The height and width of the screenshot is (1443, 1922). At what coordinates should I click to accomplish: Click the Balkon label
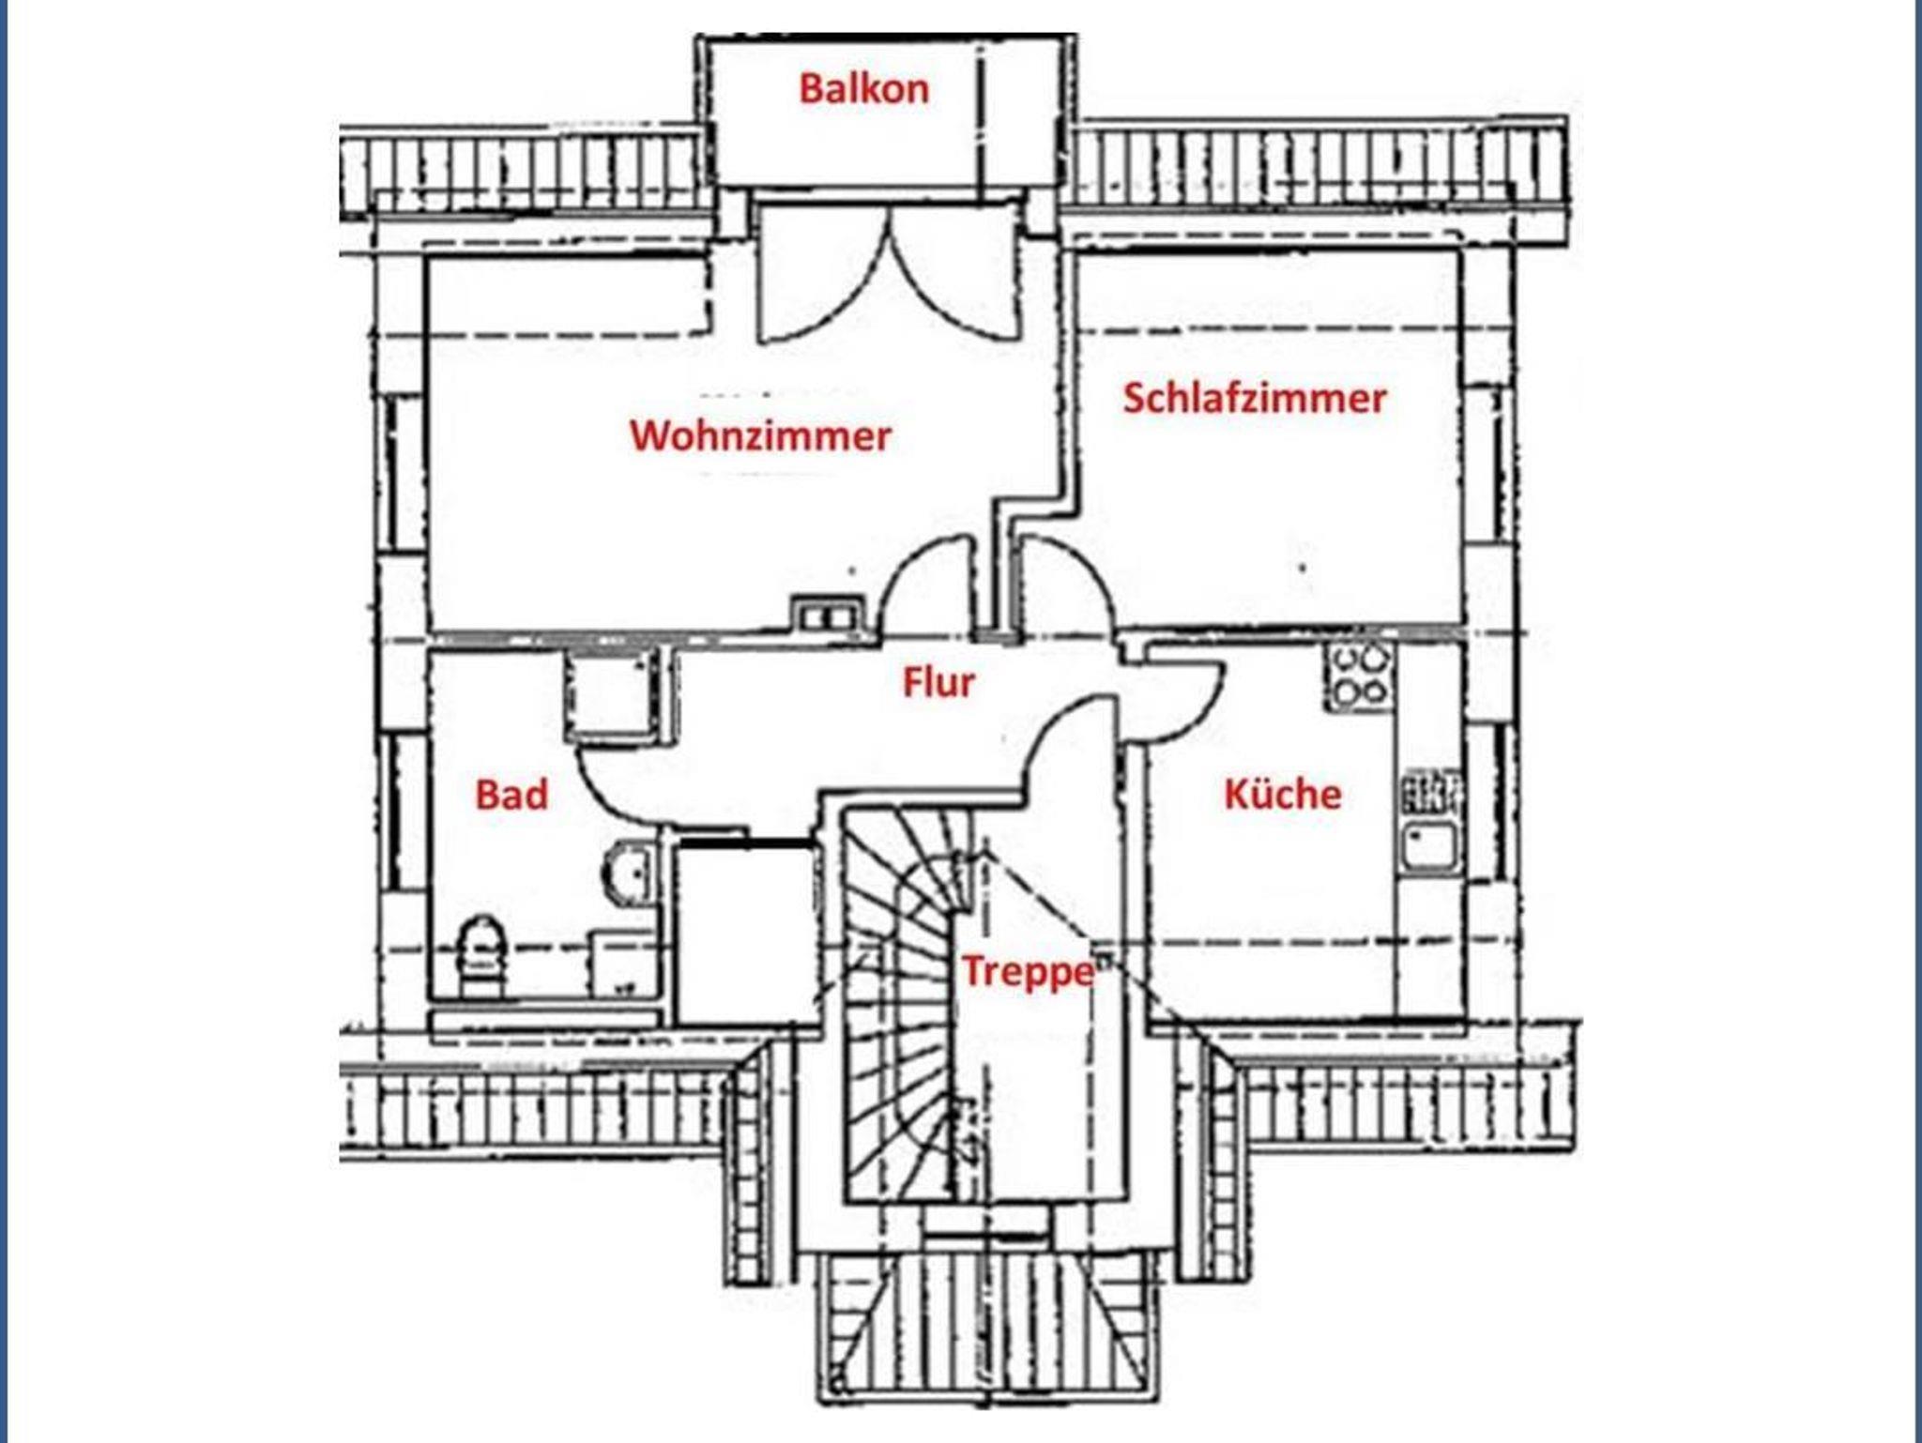click(x=863, y=89)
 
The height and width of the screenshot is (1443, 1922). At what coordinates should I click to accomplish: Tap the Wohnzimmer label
click(x=760, y=436)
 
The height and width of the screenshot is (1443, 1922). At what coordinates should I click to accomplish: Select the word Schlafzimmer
click(x=1254, y=399)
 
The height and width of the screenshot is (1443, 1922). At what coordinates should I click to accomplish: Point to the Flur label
click(x=938, y=682)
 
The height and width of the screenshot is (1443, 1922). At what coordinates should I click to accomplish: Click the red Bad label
click(x=511, y=795)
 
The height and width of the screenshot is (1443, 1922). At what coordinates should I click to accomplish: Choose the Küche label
click(x=1282, y=795)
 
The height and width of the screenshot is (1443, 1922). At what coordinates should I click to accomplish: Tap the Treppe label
click(x=1028, y=971)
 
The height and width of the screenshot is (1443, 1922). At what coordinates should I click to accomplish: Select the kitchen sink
click(x=1428, y=844)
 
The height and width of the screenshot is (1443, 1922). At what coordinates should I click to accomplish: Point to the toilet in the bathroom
click(x=482, y=952)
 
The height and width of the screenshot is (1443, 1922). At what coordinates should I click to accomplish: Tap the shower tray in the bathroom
click(x=610, y=694)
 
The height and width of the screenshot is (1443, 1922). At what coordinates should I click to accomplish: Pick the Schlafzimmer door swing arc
click(x=1065, y=586)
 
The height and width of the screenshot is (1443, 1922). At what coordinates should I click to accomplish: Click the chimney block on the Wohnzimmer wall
click(x=826, y=616)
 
